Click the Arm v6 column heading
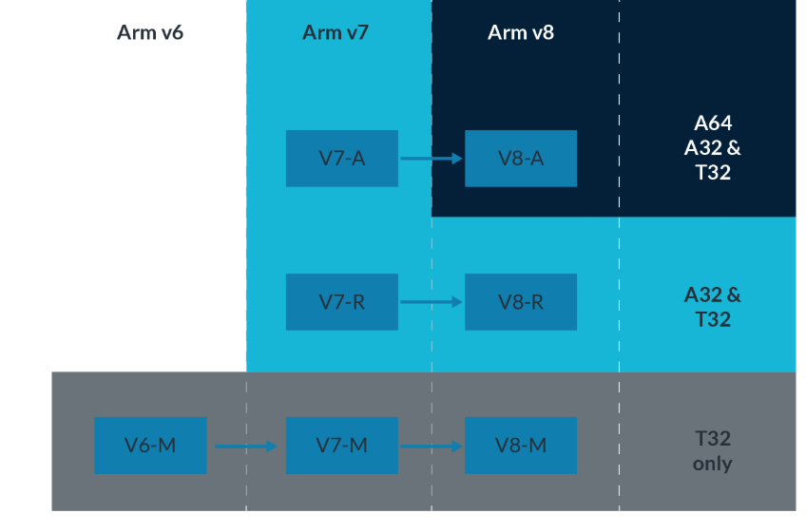150,33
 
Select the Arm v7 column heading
336,33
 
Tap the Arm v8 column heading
521,33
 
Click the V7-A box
342,159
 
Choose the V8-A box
521,159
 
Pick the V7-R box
342,302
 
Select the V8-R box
521,302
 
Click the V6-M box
150,446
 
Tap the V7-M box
342,446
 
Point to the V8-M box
521,446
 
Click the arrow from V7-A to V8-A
431,159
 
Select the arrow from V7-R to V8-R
431,302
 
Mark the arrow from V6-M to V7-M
245,446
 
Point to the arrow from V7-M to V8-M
431,446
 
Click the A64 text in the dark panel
713,123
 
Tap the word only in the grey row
713,465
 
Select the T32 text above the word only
713,440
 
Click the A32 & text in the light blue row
713,294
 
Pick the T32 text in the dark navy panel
713,173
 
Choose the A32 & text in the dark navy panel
713,148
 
